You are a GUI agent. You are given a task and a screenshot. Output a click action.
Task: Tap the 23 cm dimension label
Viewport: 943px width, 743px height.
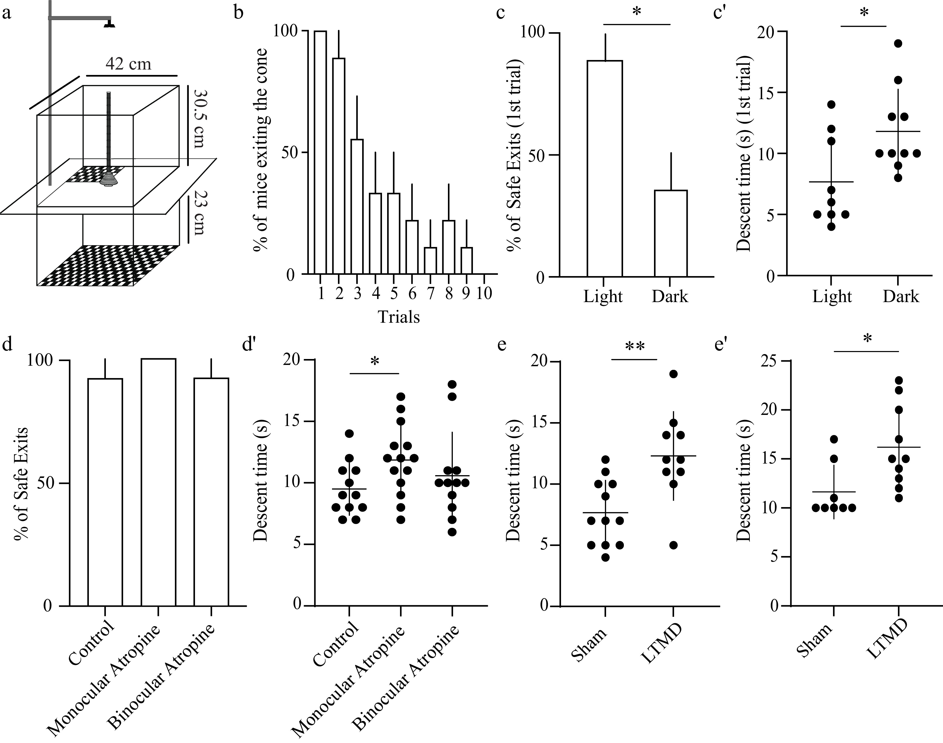198,212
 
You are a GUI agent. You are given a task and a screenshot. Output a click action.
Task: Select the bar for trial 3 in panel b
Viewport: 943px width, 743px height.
357,207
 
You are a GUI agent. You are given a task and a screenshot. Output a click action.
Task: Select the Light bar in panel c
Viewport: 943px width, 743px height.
605,168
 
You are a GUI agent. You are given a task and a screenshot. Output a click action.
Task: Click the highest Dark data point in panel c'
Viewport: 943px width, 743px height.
898,44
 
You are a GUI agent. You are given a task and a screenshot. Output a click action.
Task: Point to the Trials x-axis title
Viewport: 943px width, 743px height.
399,317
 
